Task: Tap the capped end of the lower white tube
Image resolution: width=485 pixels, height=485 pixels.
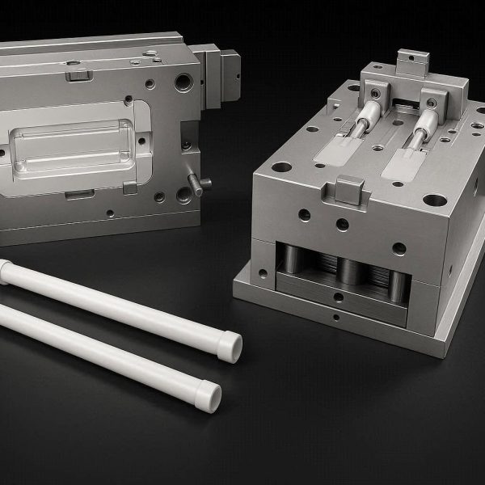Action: (209, 397)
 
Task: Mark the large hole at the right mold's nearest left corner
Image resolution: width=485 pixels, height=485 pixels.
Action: (281, 168)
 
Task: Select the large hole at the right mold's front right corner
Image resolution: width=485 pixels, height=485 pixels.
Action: (434, 200)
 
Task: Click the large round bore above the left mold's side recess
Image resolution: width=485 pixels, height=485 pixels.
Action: (184, 82)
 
